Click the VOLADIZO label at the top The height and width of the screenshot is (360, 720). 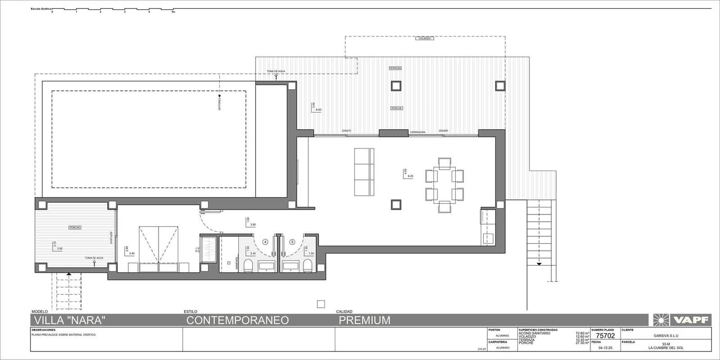tap(425, 39)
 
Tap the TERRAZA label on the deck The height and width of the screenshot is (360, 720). tap(395, 68)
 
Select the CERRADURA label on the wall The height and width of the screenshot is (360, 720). tap(418, 132)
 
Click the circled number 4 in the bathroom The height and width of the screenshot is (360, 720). tap(265, 242)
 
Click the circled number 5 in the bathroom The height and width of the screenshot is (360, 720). tap(292, 242)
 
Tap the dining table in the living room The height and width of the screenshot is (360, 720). tap(445, 184)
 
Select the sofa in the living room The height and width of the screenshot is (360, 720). tap(364, 172)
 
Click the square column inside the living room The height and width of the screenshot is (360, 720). tap(396, 205)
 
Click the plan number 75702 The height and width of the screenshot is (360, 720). tap(605, 336)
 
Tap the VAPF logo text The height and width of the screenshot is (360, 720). tap(690, 320)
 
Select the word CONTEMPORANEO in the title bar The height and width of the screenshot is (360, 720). tap(238, 320)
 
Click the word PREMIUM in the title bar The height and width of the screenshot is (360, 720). tap(364, 320)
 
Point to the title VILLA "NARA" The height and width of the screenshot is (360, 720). tap(70, 320)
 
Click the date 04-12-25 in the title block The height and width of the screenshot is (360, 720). tap(605, 347)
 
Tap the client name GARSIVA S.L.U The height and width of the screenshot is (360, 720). tap(666, 336)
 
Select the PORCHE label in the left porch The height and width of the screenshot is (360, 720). tap(75, 228)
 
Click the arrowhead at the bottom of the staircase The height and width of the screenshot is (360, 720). tap(539, 264)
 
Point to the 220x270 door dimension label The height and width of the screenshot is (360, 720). tap(346, 130)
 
